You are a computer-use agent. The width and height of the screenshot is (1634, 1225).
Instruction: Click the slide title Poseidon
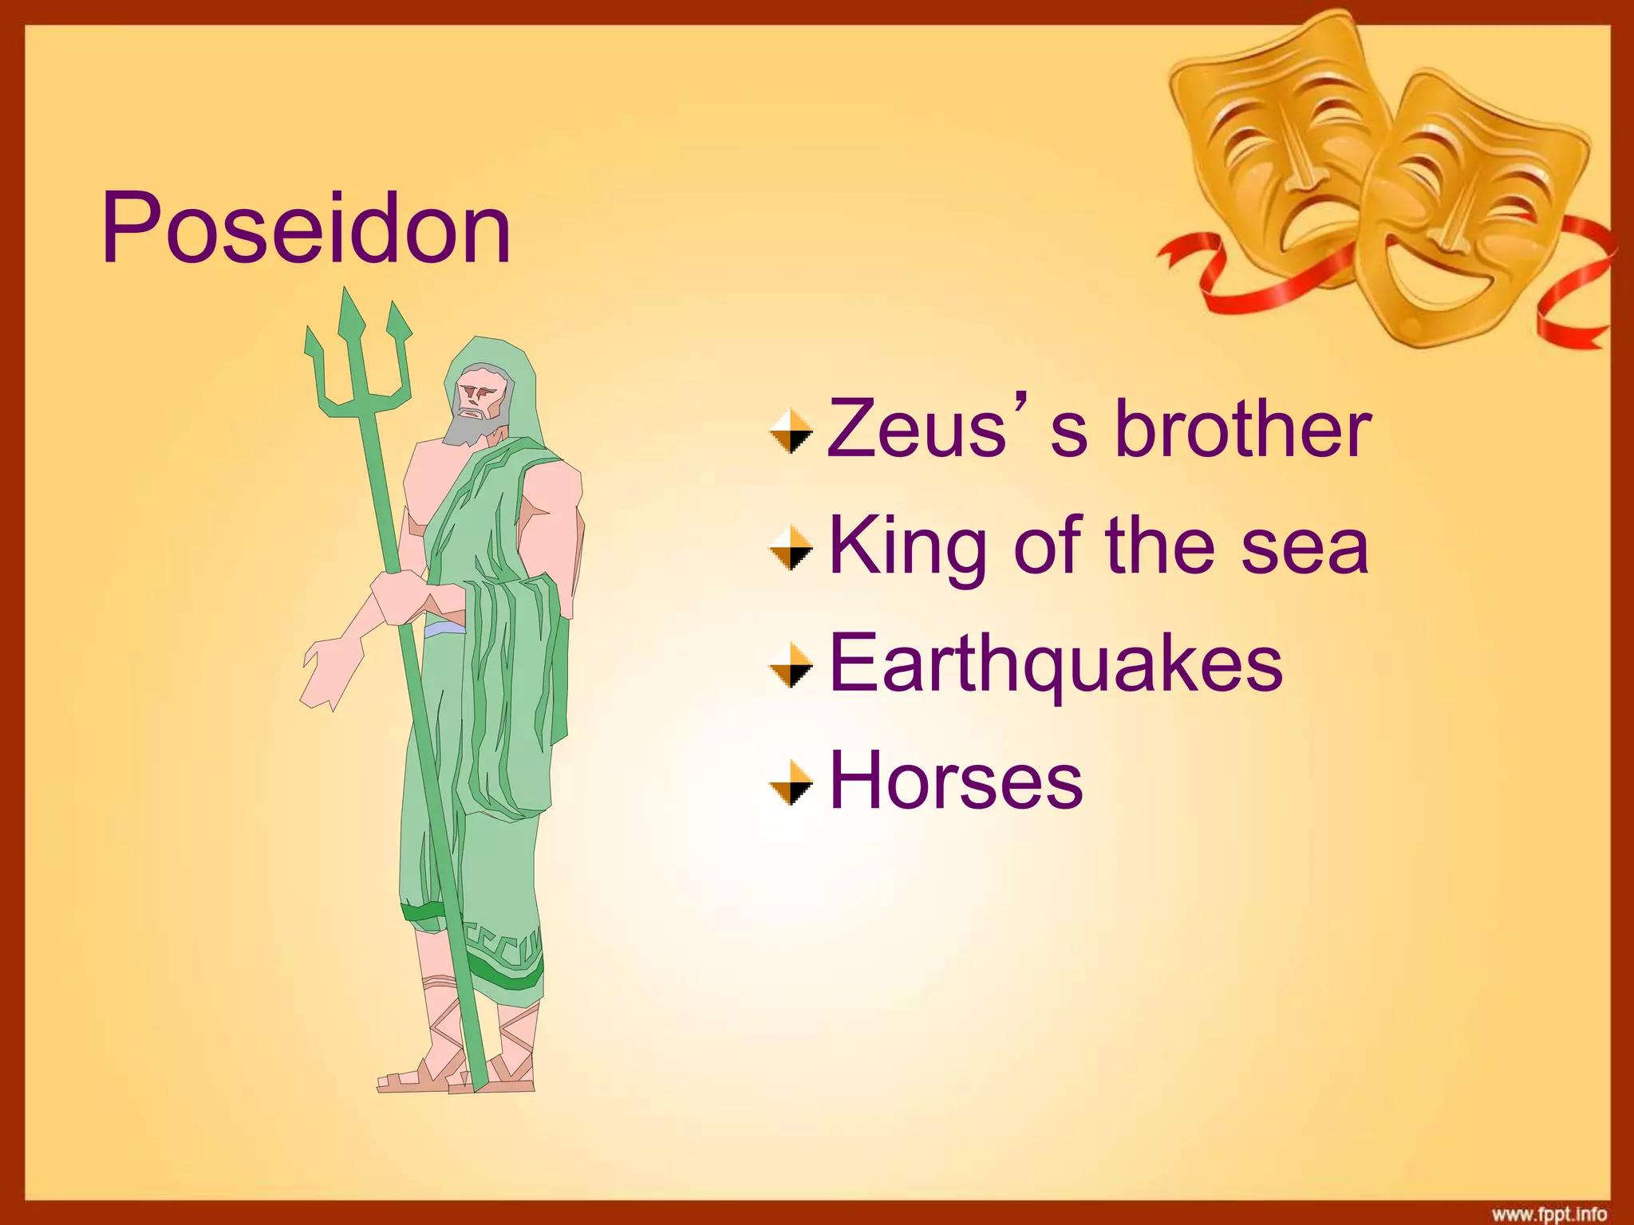pyautogui.click(x=306, y=230)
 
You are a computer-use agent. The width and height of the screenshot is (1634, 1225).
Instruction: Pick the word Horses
pyautogui.click(x=956, y=781)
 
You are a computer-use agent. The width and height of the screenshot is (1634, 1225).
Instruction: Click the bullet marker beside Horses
pyautogui.click(x=791, y=782)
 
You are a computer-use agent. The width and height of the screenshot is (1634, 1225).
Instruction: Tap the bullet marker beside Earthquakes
pyautogui.click(x=791, y=665)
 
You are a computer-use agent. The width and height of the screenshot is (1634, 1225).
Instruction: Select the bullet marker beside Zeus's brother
pyautogui.click(x=791, y=431)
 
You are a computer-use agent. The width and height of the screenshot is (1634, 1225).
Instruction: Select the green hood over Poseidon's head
pyautogui.click(x=511, y=375)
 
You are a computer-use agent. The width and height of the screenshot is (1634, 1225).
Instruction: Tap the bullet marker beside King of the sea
pyautogui.click(x=791, y=549)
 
